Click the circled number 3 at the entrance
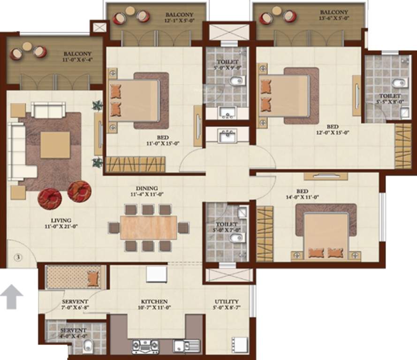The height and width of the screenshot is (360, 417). pos(17,257)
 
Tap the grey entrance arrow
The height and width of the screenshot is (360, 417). pos(12,297)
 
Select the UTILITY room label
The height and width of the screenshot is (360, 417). pos(227,301)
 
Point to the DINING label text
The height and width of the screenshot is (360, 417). pos(147,188)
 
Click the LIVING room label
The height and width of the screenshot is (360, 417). pos(61,220)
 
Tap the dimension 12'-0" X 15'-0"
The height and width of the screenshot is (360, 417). pos(333,133)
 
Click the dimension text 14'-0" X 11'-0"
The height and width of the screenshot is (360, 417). pos(302,197)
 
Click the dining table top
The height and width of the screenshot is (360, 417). pos(148,227)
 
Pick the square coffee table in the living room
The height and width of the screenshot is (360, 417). pos(55,144)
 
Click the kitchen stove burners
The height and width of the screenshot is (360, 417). pos(141,346)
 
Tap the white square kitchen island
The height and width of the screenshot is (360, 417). pos(157,274)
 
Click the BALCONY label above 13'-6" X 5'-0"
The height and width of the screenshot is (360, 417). pos(334,12)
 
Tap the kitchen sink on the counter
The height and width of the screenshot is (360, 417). pos(181,346)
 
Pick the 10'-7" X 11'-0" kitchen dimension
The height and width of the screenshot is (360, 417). pos(154,308)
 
